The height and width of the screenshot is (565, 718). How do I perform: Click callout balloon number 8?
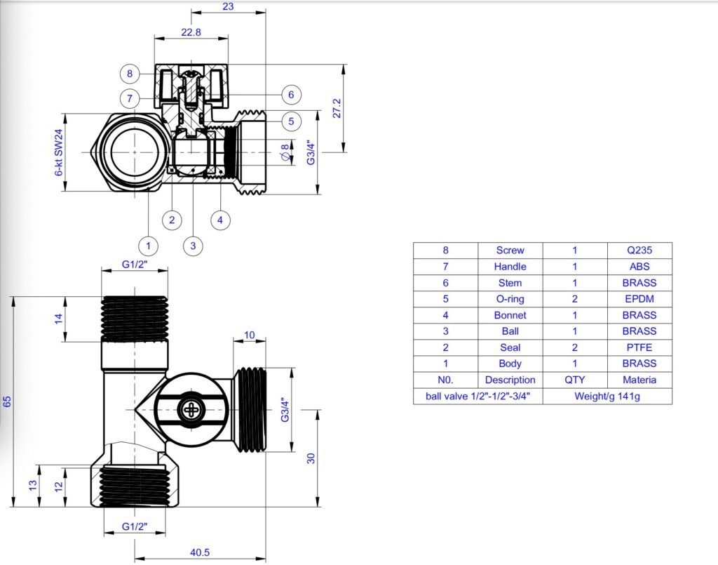130,74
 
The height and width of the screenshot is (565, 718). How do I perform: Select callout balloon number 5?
292,121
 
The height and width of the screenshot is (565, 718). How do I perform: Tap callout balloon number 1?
149,246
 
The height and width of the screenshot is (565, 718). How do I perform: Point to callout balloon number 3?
193,246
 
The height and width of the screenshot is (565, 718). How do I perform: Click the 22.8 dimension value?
191,32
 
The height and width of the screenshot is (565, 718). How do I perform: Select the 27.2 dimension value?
336,109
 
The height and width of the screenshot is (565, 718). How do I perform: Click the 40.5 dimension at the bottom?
200,552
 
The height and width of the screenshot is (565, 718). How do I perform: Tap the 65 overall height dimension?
8,401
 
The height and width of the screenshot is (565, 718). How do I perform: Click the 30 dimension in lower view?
311,458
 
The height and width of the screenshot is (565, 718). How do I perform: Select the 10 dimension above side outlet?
250,335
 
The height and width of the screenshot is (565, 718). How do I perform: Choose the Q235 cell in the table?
639,250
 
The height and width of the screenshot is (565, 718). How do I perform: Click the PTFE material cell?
639,347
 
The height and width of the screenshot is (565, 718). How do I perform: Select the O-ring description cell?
510,299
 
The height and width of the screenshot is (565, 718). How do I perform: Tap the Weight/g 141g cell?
607,396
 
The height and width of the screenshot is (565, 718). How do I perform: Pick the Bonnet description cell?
510,315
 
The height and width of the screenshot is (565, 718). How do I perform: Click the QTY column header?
574,380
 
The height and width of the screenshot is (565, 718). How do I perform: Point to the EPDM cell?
639,299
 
